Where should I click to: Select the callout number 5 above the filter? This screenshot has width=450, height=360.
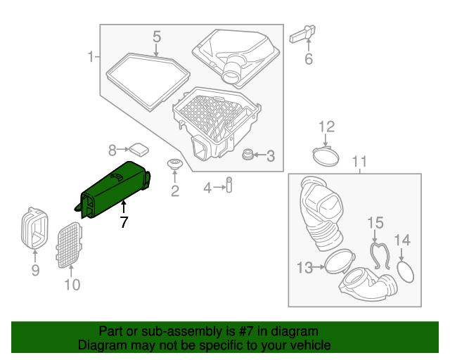click(157, 36)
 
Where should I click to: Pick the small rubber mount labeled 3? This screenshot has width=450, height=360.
click(247, 155)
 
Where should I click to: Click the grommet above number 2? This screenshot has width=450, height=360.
click(174, 165)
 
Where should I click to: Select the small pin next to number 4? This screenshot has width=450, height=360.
click(229, 186)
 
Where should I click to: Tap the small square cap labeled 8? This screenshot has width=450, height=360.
click(139, 148)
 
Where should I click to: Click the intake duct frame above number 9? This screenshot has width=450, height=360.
click(34, 229)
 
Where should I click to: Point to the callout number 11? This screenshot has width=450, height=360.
click(359, 164)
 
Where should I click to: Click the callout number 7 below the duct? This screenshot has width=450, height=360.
click(124, 223)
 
